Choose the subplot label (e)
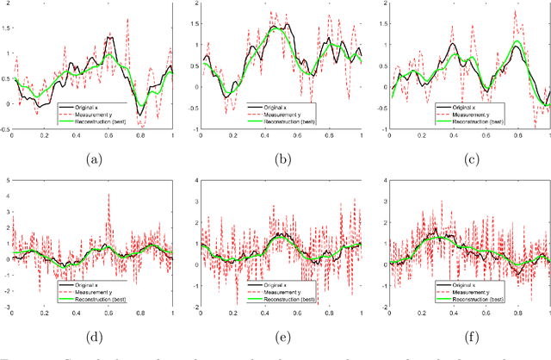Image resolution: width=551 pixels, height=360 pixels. pos(281,330)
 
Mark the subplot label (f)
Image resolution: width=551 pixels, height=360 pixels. pos(468,330)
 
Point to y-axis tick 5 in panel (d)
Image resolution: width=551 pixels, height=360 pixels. pos(6,179)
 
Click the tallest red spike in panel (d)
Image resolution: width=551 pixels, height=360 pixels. pos(108,196)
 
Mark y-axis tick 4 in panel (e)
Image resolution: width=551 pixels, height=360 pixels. pos(195,179)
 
